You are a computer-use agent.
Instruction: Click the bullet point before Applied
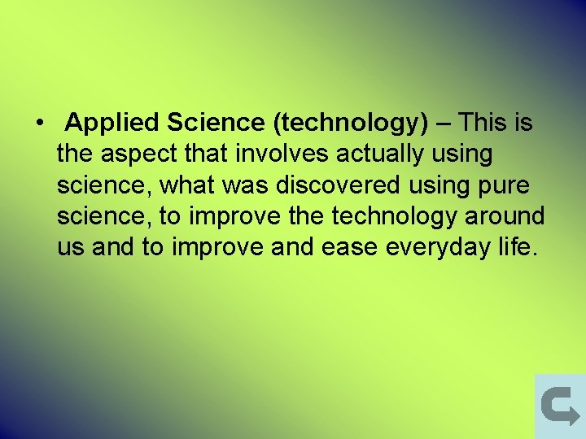pos(38,124)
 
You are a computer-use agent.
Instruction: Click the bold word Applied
pos(112,124)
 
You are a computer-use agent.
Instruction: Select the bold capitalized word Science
pos(216,123)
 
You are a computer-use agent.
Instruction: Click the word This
pos(483,123)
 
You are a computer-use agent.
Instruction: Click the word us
pos(71,248)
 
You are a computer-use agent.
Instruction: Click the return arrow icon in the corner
pos(559,406)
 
